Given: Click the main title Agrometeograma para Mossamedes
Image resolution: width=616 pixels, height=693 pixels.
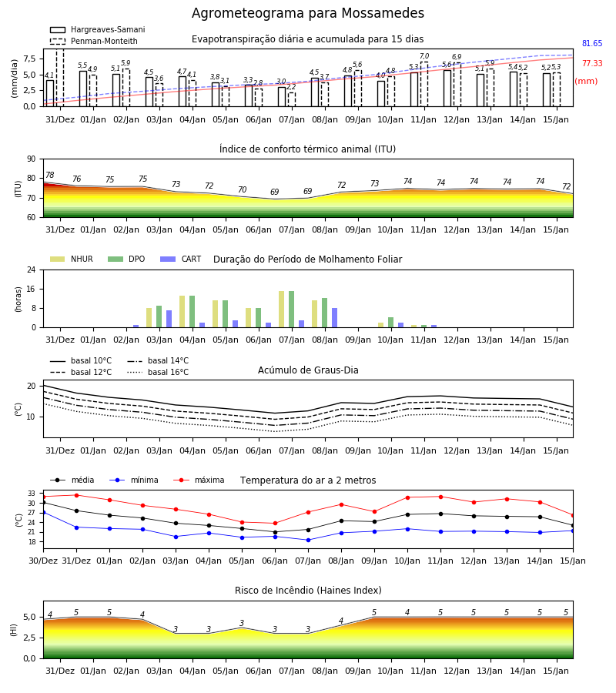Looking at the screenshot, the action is coord(307,13).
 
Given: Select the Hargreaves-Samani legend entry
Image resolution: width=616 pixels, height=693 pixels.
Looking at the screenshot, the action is coord(98,29).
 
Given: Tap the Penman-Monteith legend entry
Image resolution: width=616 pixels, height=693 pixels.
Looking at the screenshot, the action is coord(94,41).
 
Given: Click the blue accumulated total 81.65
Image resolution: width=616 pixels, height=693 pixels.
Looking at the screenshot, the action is coord(592,43).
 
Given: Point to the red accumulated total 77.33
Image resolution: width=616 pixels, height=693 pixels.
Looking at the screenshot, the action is coord(592,63).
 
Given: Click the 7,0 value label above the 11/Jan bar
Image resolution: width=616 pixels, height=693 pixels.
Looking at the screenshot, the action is coord(424,56).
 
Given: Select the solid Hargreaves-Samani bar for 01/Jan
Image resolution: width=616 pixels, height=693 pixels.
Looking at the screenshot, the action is coord(83,89).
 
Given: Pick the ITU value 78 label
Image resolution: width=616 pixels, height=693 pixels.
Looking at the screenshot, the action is coord(49,175).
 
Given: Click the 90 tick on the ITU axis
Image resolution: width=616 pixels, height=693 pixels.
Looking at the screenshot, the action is coord(32,159).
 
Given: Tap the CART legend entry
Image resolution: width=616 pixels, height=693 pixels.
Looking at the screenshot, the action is coord(181,259).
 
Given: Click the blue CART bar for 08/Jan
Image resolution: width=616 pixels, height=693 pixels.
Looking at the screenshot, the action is coord(334,318).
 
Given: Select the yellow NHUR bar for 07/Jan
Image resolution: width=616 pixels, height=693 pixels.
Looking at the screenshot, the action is coord(282,310).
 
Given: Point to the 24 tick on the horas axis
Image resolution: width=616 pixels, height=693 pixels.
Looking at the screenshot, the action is coord(32,269).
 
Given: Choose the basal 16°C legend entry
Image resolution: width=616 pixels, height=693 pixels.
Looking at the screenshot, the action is coord(158,372).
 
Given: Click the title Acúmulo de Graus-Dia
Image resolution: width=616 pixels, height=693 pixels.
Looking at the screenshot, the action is coord(308,370).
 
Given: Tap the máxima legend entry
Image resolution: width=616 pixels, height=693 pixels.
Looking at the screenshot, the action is coord(199,480).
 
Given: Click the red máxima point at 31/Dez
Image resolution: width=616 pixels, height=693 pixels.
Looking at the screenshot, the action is coord(76,495).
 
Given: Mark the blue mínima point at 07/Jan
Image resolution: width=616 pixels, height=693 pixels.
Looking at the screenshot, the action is coord(309,540).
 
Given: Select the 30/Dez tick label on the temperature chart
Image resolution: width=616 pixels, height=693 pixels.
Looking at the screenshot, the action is coord(43,561).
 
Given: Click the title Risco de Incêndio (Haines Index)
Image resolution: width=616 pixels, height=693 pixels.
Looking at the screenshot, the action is coord(308,591).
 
